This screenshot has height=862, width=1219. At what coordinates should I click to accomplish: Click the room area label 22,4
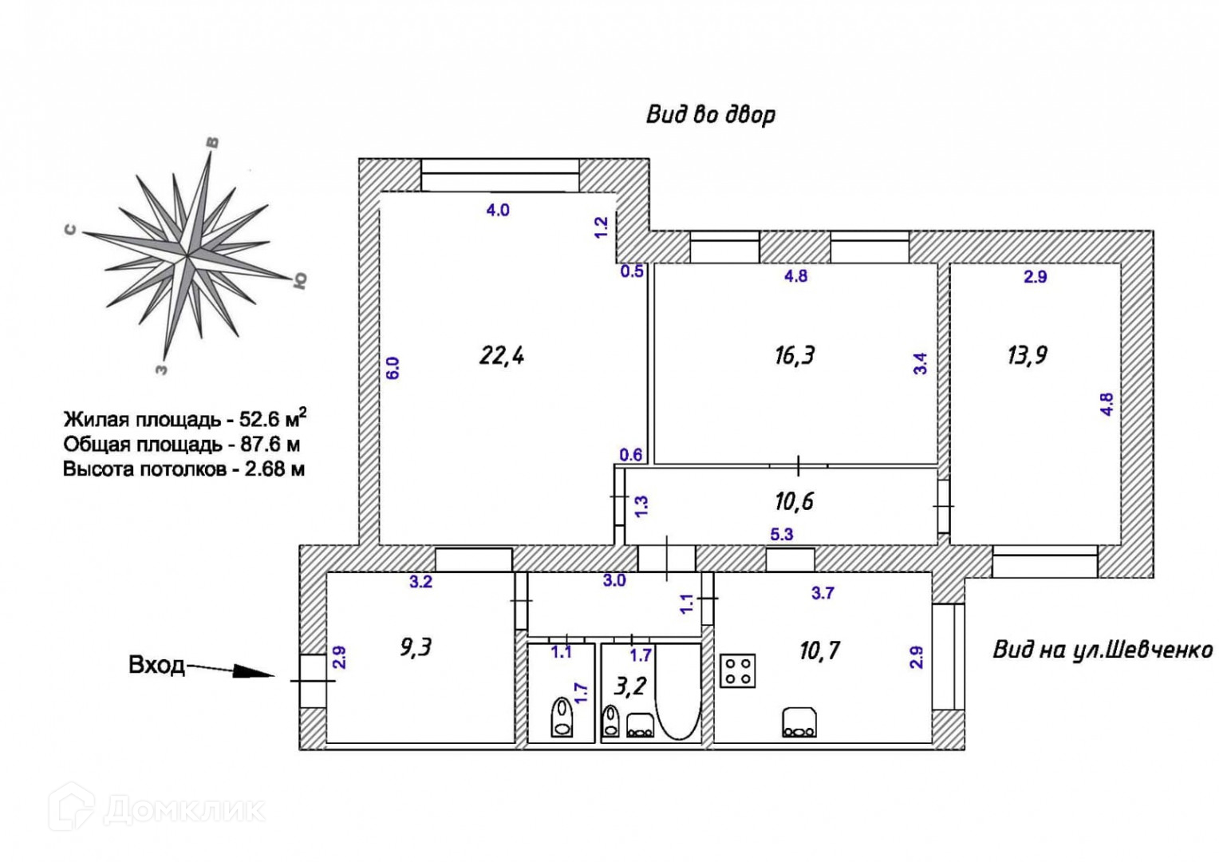tap(501, 356)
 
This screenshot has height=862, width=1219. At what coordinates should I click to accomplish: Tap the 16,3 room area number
tap(795, 356)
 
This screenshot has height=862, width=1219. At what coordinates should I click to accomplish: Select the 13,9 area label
tap(1028, 356)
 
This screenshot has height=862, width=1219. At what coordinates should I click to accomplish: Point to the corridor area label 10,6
tap(795, 501)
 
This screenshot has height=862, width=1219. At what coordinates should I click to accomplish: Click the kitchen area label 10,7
tap(819, 650)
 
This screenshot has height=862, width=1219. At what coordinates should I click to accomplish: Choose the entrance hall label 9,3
tap(416, 648)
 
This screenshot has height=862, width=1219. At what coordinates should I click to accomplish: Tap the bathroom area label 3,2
tap(630, 687)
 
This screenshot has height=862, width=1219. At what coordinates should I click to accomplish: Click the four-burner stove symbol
tap(738, 671)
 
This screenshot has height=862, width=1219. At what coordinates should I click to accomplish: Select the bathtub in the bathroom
tap(678, 691)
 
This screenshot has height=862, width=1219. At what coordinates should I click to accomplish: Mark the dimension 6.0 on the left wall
tap(393, 368)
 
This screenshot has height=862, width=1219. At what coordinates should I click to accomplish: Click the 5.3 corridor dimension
tap(782, 535)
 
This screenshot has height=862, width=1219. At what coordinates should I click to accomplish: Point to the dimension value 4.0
tap(498, 210)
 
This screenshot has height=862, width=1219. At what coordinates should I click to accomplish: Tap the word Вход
tap(156, 665)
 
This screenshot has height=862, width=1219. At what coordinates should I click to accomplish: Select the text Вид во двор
tap(711, 116)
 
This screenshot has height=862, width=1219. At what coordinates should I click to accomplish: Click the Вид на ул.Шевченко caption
tap(1103, 650)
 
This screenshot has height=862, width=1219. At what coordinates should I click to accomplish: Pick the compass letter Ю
tap(300, 280)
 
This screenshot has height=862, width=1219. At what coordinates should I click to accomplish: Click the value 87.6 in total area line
tap(263, 445)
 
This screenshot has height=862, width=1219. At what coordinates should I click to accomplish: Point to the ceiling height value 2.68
tap(267, 469)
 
